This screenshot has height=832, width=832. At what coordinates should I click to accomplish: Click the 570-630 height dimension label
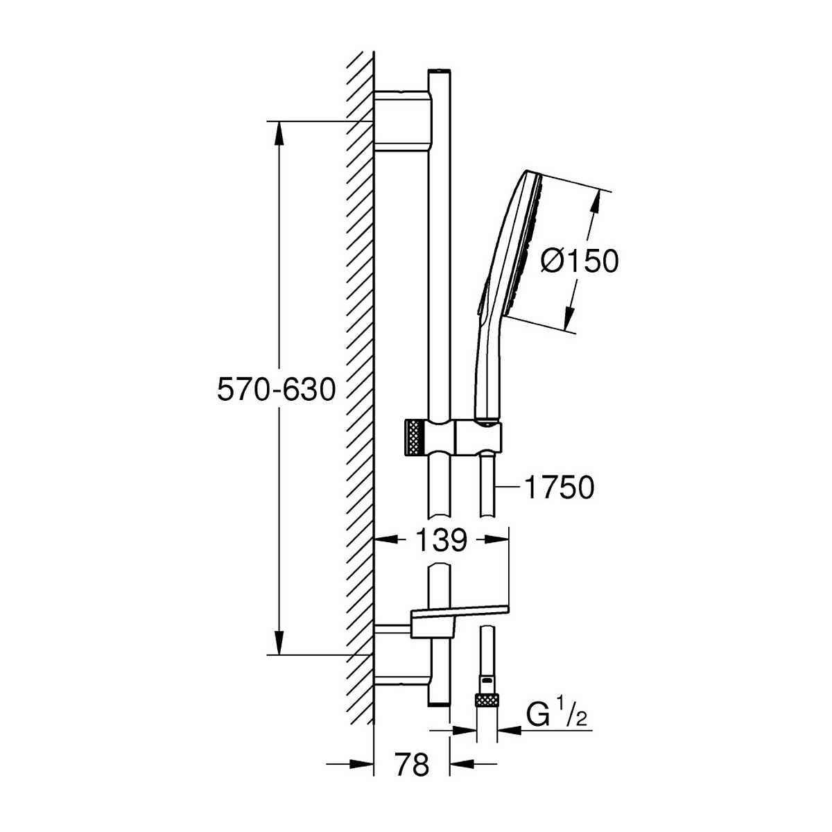click(276, 390)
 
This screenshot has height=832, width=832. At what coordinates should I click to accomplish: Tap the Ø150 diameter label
click(579, 261)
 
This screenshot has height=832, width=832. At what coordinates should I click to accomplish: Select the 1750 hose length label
click(559, 488)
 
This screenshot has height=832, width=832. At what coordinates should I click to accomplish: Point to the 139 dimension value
click(442, 539)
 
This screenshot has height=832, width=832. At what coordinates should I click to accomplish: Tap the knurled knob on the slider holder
click(413, 438)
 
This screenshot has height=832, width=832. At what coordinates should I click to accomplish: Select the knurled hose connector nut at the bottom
click(487, 698)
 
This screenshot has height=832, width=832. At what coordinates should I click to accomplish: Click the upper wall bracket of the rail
click(401, 121)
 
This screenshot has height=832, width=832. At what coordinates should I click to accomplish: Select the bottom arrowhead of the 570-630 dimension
click(279, 642)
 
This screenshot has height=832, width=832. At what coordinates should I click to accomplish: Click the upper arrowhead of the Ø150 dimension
click(596, 202)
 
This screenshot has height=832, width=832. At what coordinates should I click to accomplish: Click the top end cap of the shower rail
click(440, 72)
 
